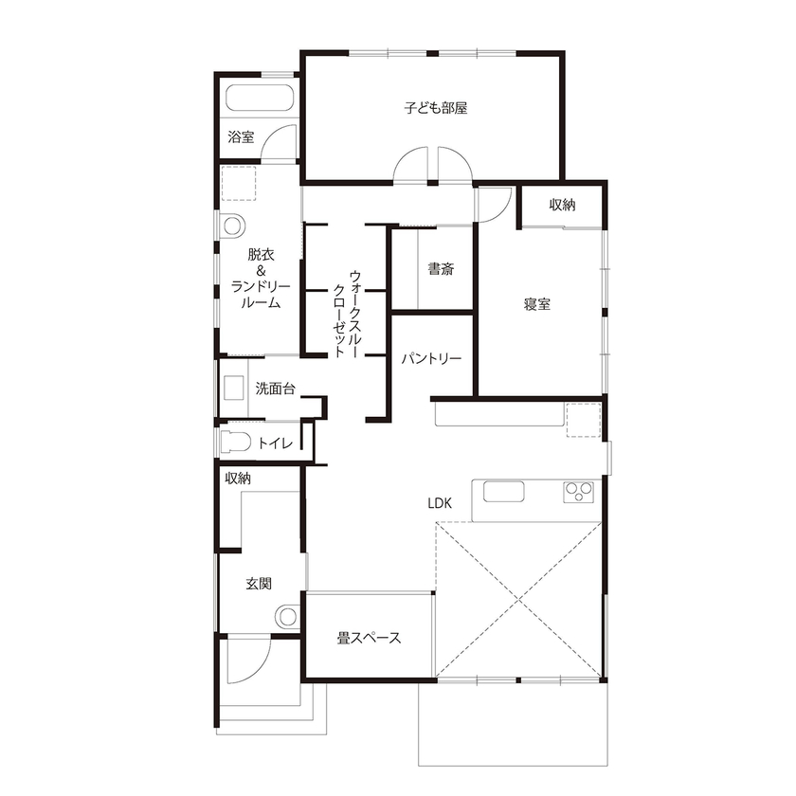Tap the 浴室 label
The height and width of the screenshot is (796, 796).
(241, 137)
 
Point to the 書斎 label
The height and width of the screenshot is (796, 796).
(440, 268)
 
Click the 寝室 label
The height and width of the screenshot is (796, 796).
(538, 304)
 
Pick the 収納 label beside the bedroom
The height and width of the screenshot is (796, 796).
(562, 206)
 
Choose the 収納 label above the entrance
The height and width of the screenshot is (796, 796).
(238, 479)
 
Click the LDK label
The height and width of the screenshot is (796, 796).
(439, 503)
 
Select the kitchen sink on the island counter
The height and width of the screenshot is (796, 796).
(503, 492)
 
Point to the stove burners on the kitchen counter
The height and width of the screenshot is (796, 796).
(579, 491)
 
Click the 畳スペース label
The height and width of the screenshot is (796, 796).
(370, 638)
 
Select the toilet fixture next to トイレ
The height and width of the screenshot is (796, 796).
(234, 443)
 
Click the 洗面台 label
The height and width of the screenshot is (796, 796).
(275, 388)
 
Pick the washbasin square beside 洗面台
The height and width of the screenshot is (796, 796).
(233, 389)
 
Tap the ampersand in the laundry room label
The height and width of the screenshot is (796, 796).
(261, 270)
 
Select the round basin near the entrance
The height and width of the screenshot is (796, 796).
(286, 616)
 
